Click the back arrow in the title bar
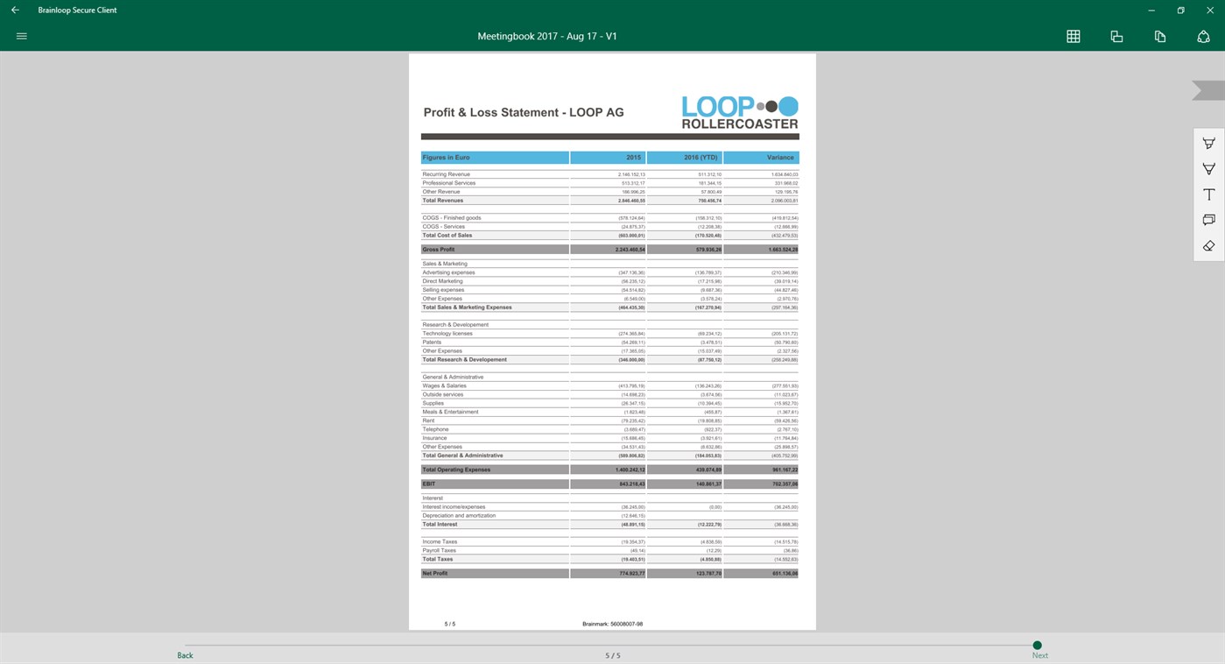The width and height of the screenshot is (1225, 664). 15,11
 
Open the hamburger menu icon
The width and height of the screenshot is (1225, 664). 22,37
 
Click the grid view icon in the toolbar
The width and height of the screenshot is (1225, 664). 1073,37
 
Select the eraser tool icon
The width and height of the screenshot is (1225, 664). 1208,246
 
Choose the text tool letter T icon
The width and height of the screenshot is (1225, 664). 1208,194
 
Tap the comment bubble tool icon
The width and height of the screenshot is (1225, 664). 1208,220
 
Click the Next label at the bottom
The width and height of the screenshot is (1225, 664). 1039,655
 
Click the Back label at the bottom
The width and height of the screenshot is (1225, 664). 185,655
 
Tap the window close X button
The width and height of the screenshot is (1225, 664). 1210,11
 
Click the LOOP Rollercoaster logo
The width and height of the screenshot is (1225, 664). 740,112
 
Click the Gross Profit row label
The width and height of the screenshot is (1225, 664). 439,250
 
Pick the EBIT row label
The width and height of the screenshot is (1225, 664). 429,484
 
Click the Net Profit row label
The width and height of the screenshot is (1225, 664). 435,574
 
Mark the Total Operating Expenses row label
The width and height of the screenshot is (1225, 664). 456,470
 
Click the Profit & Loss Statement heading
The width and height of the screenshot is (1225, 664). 524,113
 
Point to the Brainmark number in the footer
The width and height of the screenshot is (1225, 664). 612,625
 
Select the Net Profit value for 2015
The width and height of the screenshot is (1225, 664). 631,574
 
